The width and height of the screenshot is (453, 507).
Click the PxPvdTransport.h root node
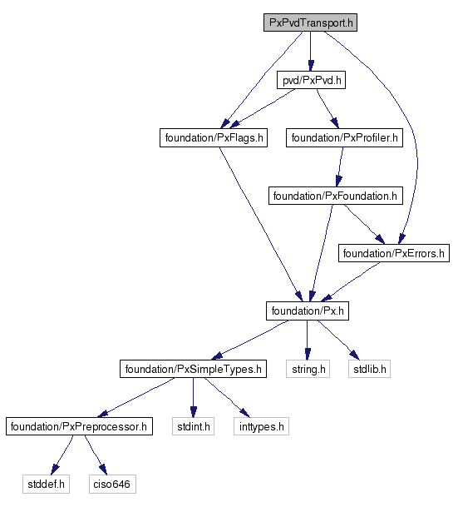[x=310, y=22]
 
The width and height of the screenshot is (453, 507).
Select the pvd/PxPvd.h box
[x=311, y=80]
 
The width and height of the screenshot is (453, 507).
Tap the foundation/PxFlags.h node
[x=214, y=137]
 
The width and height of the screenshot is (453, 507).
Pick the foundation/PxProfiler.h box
[x=344, y=137]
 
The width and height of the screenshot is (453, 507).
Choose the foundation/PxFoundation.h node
[x=336, y=196]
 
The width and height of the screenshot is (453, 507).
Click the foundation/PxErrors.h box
[x=394, y=253]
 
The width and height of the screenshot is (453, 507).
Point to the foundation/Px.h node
[x=308, y=311]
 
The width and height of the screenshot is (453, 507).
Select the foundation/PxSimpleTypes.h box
[x=193, y=369]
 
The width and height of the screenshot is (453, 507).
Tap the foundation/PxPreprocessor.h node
[x=79, y=426]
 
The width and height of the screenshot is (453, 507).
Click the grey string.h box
[x=308, y=369]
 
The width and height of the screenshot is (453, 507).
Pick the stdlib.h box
[x=369, y=369]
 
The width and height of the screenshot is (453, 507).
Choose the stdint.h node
[x=193, y=426]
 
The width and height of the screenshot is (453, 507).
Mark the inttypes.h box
[x=261, y=426]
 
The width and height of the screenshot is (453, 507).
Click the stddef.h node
[x=46, y=484]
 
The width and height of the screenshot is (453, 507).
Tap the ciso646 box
[x=112, y=484]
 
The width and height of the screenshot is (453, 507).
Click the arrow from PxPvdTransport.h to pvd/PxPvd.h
[x=311, y=51]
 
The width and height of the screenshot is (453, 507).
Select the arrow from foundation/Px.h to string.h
[x=308, y=340]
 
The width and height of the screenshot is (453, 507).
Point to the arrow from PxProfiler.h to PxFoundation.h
[x=340, y=167]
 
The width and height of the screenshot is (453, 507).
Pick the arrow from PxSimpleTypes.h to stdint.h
[x=193, y=398]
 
